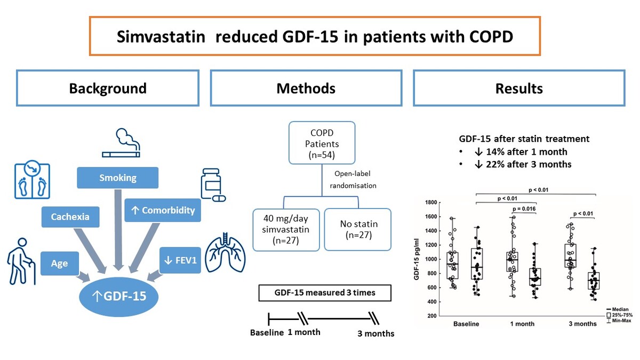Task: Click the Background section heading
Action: point(108,88)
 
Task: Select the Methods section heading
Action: point(306,88)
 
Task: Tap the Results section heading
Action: point(519,88)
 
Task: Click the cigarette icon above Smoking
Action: point(121,142)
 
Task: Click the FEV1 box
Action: point(180,260)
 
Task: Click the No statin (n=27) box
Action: point(357,229)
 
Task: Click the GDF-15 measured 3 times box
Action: point(324,293)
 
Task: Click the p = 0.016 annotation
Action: point(524,209)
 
